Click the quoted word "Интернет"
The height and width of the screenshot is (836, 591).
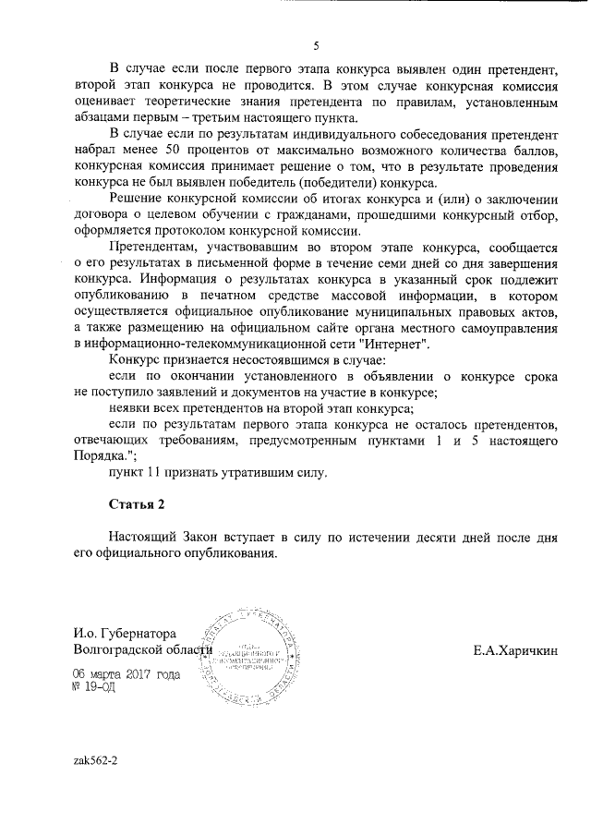click(x=399, y=342)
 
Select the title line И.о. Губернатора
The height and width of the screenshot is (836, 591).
click(x=125, y=635)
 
